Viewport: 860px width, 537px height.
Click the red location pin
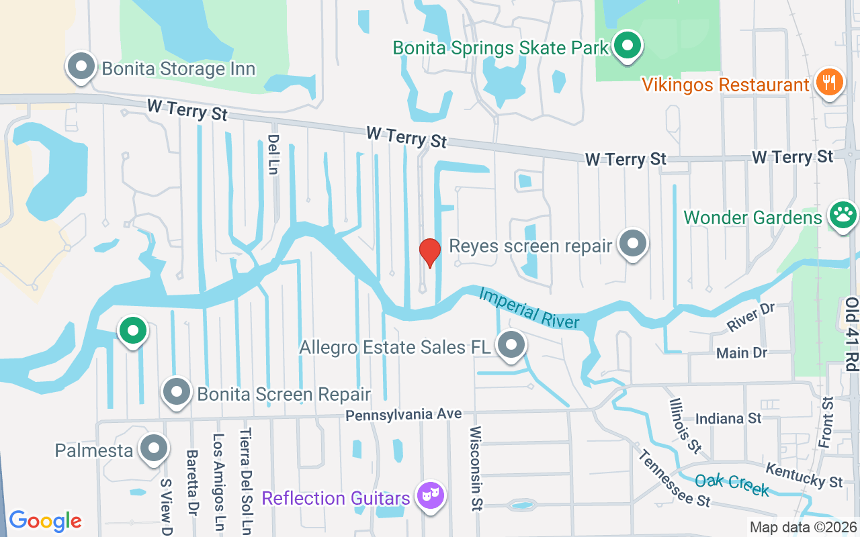[x=429, y=252]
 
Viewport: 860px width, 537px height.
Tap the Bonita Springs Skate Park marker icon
[x=628, y=46]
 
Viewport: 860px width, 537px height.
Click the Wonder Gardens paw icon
[x=843, y=215]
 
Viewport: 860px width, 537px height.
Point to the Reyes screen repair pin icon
[x=632, y=244]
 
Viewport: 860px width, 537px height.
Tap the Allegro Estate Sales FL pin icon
[x=511, y=345]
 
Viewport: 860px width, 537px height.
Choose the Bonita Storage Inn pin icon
[x=82, y=67]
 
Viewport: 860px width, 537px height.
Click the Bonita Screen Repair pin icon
[x=177, y=393]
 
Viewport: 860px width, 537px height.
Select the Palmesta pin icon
[x=154, y=448]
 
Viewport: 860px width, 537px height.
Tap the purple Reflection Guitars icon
[x=429, y=496]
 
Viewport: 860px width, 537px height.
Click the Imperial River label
[x=529, y=308]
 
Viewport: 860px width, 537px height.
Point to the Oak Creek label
[x=732, y=485]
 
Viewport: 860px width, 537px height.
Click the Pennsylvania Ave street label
[x=404, y=415]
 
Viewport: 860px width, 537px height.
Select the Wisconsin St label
[x=476, y=469]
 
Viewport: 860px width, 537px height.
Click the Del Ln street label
[x=273, y=154]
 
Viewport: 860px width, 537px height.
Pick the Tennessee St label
[x=674, y=477]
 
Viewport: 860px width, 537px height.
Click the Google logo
[x=45, y=520]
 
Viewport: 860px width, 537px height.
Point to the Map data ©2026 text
[x=803, y=527]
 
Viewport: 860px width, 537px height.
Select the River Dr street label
[x=751, y=318]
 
